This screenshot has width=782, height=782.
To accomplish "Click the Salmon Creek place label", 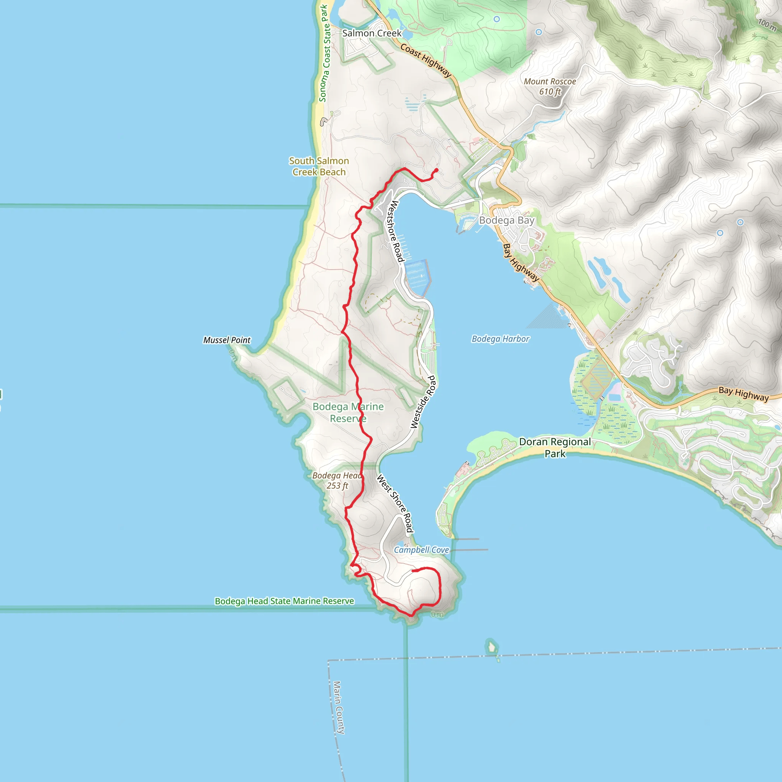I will click(x=372, y=33).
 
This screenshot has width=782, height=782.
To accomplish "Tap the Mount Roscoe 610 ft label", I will click(x=550, y=87).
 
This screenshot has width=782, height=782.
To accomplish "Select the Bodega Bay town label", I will click(x=506, y=220).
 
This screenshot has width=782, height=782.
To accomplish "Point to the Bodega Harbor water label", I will click(x=500, y=339).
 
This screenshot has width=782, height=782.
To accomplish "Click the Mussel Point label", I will click(x=227, y=340).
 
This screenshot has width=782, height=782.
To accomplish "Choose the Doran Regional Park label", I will click(x=554, y=447).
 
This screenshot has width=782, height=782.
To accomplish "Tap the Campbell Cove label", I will click(x=422, y=550).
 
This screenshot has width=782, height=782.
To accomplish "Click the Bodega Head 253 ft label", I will click(x=337, y=480).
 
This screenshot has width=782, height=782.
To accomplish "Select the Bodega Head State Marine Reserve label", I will click(x=284, y=601).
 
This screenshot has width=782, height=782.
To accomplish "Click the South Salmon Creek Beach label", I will click(x=319, y=166).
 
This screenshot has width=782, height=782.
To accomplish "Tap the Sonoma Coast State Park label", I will click(x=325, y=53).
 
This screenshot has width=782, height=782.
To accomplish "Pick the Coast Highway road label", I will click(x=425, y=60).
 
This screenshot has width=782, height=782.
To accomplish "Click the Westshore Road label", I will click(x=396, y=231).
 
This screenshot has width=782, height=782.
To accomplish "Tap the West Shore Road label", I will click(x=395, y=504).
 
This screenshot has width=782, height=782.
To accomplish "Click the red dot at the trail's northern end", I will click(x=436, y=170).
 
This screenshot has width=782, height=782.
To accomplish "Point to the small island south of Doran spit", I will click(x=491, y=647).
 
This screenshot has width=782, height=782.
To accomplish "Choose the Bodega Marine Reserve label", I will click(x=348, y=412).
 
